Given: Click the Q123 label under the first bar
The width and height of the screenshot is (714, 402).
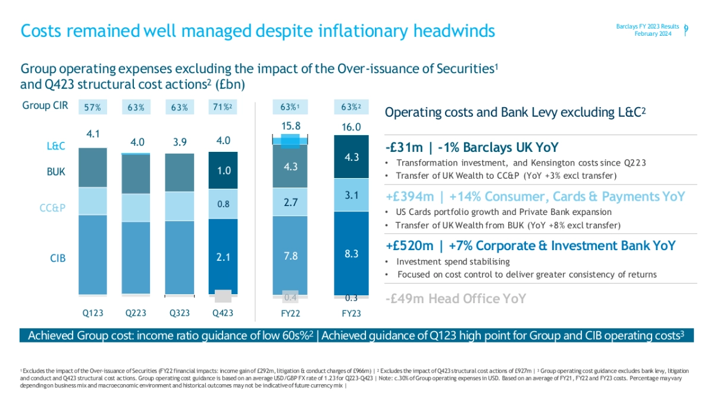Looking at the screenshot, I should pyautogui.click(x=92, y=313).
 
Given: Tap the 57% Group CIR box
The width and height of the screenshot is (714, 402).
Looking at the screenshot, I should pyautogui.click(x=92, y=108).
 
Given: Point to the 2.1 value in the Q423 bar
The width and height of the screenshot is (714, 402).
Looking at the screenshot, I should pyautogui.click(x=223, y=257).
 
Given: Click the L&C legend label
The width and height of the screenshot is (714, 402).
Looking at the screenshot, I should pyautogui.click(x=57, y=145).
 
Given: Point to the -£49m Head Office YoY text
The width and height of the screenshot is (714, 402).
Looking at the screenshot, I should pyautogui.click(x=455, y=298).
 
